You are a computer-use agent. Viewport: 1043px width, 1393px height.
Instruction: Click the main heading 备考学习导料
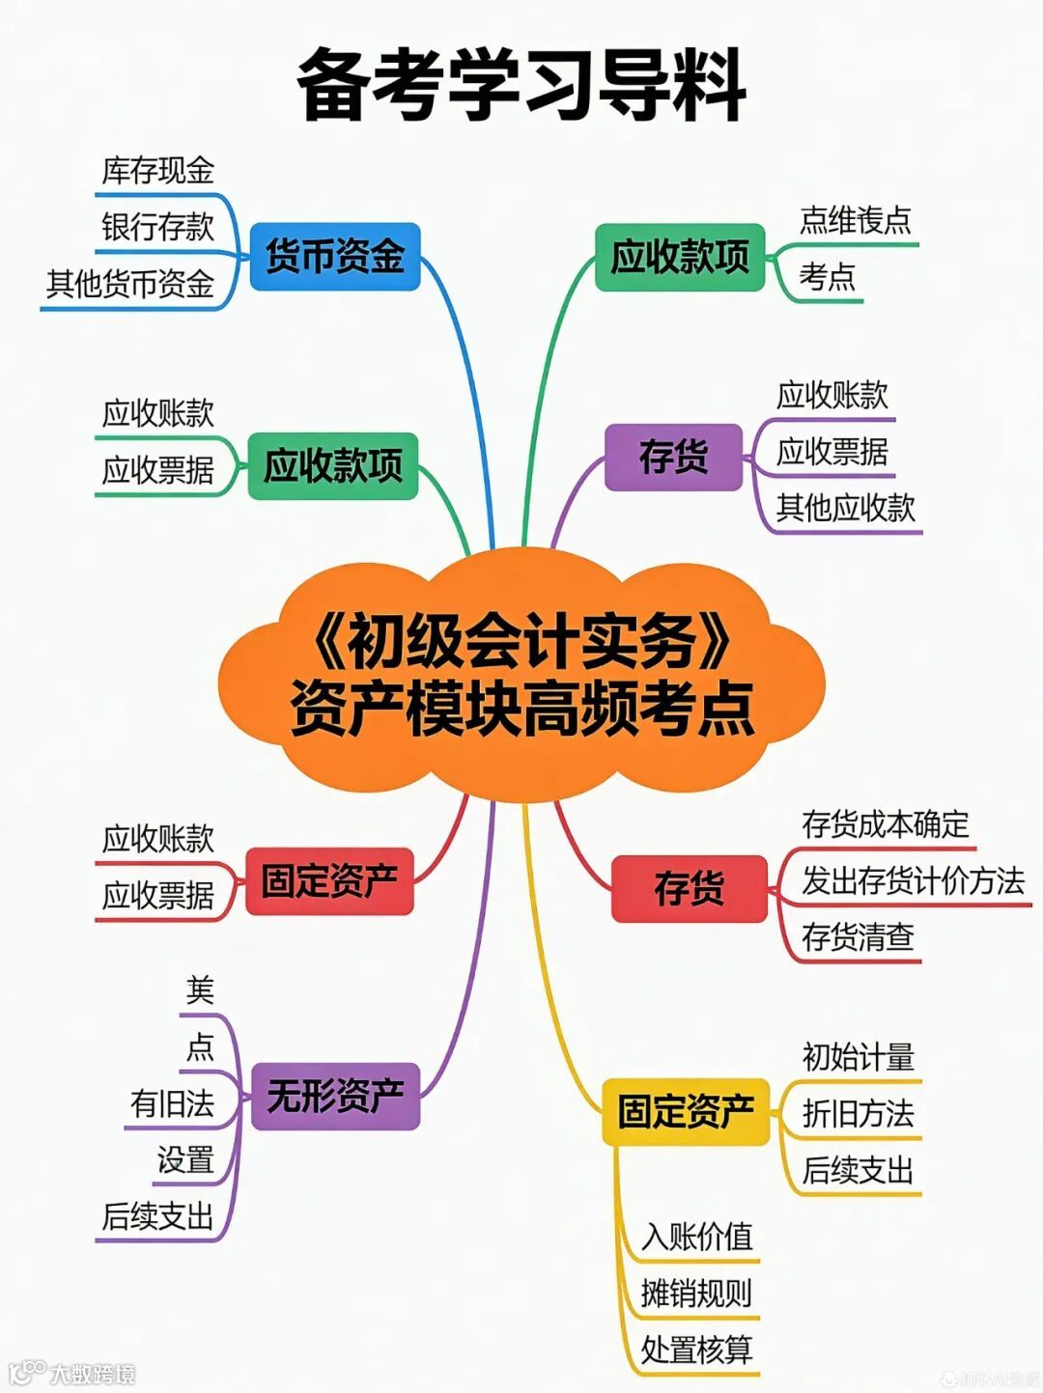(x=521, y=85)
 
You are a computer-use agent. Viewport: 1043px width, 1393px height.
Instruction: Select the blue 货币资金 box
(x=334, y=257)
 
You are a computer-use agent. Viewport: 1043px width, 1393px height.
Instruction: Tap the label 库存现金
(x=158, y=171)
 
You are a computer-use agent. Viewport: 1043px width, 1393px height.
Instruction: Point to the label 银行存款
(x=158, y=227)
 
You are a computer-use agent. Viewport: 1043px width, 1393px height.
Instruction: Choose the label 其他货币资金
(x=130, y=284)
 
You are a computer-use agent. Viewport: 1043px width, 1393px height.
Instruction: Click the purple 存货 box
(x=673, y=457)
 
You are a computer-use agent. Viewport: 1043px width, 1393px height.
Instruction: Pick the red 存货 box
(x=689, y=888)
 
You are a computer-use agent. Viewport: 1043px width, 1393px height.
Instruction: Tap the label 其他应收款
(x=845, y=507)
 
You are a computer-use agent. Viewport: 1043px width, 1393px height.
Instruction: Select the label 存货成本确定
(x=885, y=824)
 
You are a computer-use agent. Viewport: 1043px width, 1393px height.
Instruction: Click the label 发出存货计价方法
(x=913, y=880)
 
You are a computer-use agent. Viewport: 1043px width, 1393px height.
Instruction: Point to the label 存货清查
(x=858, y=936)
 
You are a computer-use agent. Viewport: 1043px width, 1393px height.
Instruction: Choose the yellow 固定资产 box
(x=686, y=1111)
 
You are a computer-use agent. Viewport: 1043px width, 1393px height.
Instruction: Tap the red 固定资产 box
(x=329, y=880)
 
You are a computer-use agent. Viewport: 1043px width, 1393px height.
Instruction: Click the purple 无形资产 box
(x=335, y=1096)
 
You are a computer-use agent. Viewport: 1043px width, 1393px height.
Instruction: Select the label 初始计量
(x=858, y=1057)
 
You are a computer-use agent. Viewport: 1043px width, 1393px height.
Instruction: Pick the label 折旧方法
(x=858, y=1114)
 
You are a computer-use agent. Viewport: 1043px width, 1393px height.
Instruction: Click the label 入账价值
(x=696, y=1237)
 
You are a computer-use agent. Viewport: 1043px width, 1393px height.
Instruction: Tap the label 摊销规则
(x=696, y=1294)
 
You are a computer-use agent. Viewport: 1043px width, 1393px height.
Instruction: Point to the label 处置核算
(x=696, y=1350)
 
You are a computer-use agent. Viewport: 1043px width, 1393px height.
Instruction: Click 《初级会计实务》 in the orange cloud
(x=521, y=642)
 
